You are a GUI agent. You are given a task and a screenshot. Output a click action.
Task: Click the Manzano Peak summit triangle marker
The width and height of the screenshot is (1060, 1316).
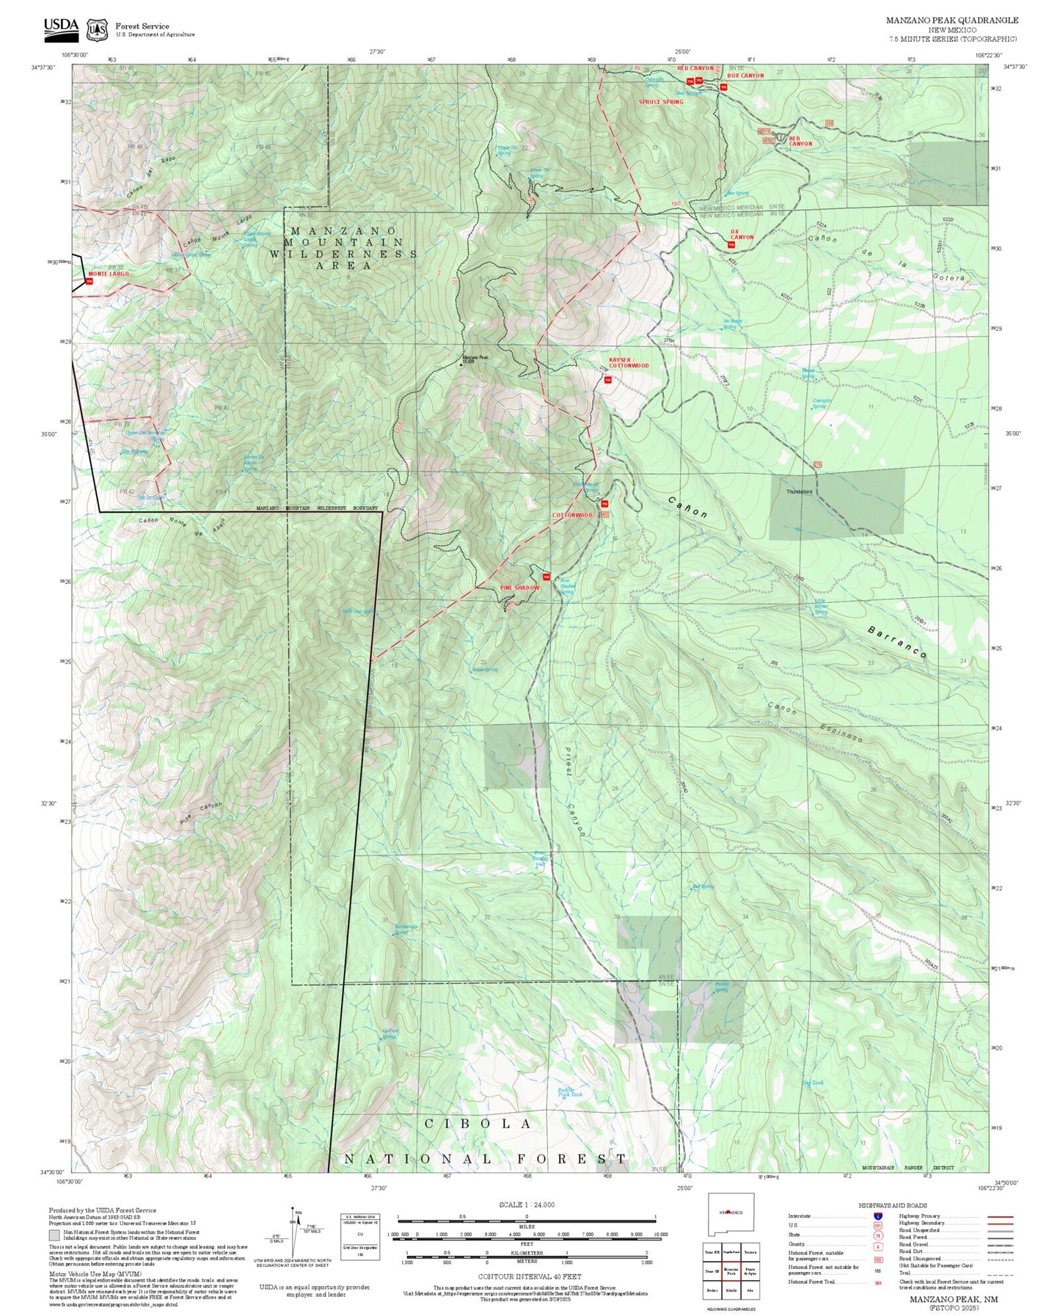[461, 364]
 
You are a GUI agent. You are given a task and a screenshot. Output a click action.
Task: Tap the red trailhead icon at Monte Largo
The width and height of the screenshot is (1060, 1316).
[89, 281]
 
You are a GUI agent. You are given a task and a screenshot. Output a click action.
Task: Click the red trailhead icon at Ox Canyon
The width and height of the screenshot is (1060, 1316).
[731, 245]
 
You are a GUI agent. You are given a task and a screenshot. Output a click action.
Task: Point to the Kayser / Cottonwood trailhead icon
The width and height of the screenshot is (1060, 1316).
[607, 380]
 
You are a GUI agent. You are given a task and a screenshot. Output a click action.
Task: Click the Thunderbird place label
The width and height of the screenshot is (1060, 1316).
[799, 491]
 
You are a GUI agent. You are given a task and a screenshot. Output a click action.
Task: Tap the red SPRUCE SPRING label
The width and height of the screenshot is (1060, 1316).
[660, 102]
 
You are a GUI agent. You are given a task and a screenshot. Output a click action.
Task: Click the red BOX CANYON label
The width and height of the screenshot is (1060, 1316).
[745, 76]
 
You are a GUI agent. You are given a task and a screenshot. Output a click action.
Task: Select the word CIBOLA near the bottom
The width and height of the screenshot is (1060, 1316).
[478, 1124]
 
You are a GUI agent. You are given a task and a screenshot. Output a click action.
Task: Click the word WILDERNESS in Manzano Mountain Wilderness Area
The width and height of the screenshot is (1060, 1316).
[343, 254]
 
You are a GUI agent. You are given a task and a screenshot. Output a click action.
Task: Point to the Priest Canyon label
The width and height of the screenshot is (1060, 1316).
[574, 791]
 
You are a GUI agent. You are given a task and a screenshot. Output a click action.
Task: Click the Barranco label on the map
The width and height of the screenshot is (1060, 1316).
[896, 642]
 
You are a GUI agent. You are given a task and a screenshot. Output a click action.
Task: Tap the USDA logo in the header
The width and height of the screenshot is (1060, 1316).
[61, 27]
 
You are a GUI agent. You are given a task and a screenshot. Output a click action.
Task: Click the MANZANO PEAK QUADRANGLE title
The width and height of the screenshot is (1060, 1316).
[951, 21]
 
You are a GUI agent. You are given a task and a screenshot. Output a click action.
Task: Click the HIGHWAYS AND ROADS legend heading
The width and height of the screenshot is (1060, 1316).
[893, 1205]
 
